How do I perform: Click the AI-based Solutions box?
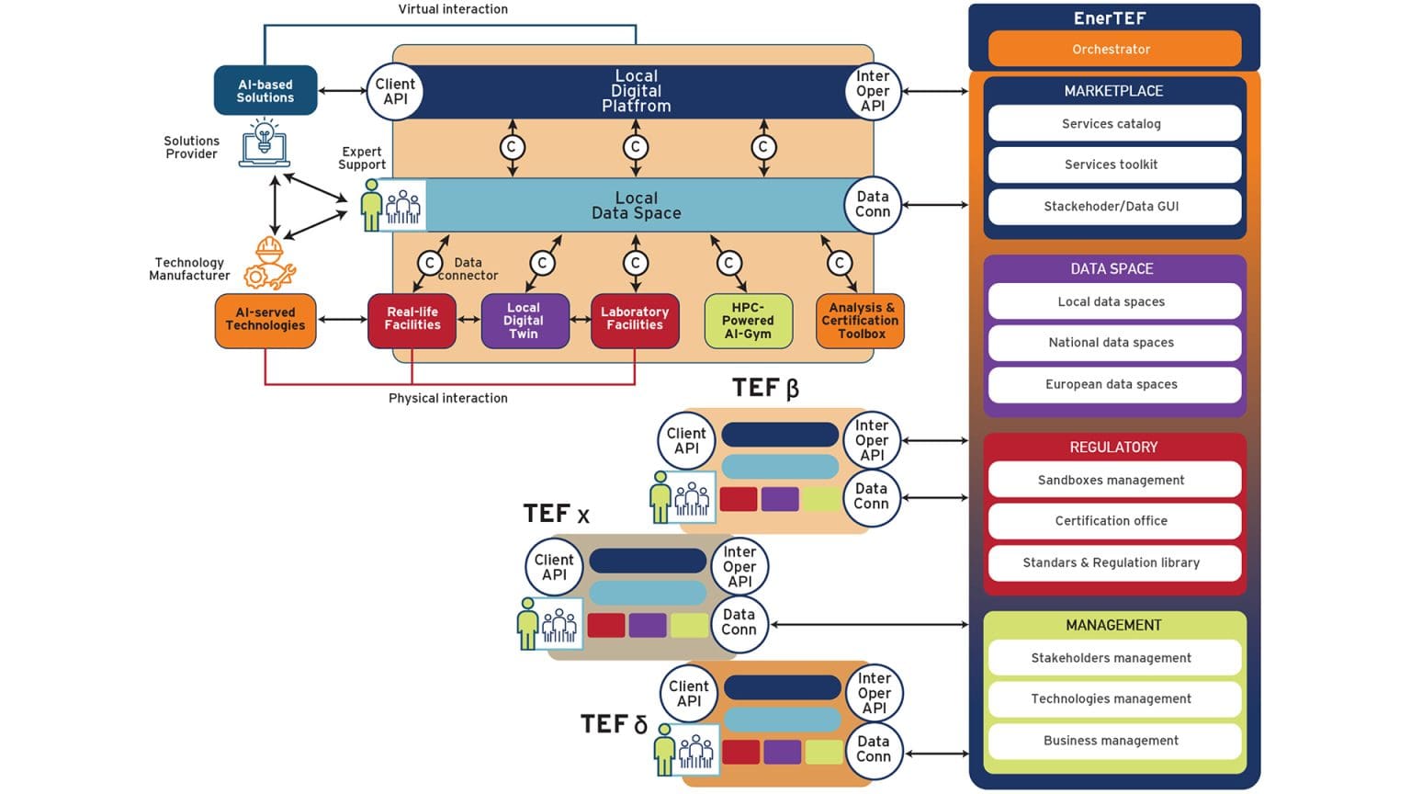point(265,91)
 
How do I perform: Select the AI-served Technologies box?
point(265,320)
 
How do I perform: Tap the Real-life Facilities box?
point(412,320)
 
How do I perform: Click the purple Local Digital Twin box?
point(524,321)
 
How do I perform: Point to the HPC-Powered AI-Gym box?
point(748,321)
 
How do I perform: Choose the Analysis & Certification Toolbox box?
point(860,321)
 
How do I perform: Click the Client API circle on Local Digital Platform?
point(395,92)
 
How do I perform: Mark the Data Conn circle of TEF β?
point(871,497)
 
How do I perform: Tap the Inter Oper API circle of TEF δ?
point(874,694)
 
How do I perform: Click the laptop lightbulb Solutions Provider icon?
point(265,143)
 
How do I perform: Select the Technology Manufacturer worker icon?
point(269,264)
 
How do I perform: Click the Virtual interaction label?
point(452,9)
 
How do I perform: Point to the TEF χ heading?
point(557,514)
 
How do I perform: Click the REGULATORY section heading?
point(1113,448)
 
